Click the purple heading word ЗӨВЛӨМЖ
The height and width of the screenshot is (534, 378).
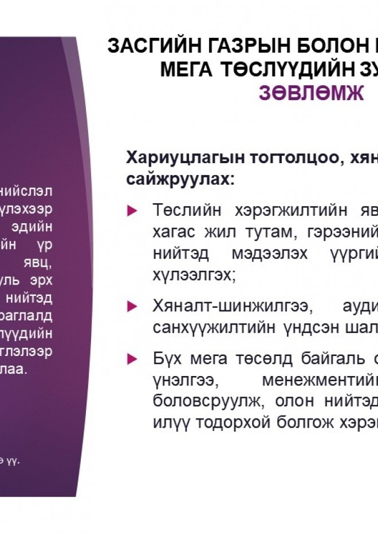point(311,93)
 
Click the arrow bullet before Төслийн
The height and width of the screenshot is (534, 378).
point(132,211)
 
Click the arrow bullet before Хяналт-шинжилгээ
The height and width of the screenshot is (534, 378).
point(132,306)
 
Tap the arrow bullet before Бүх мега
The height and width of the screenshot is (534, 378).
point(132,359)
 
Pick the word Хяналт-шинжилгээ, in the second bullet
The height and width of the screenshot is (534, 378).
point(233,306)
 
